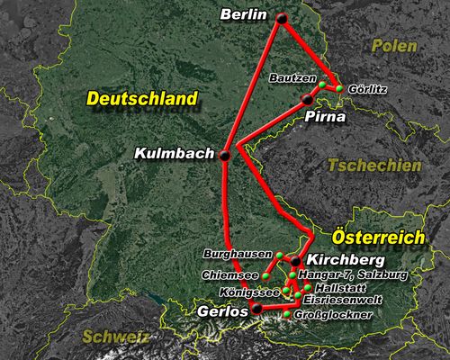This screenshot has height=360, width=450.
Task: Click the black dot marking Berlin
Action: pos(282,18)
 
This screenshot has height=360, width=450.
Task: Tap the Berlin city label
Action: pos(245,14)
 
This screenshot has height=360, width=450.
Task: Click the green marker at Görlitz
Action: pos(339,88)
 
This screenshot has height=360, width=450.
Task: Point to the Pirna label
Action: pos(322,116)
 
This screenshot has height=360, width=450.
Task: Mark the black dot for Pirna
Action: pos(307,99)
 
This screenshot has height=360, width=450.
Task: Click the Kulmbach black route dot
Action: pos(224,155)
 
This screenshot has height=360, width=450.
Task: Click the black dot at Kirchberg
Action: pos(295,262)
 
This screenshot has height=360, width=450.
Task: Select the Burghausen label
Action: pos(238,255)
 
